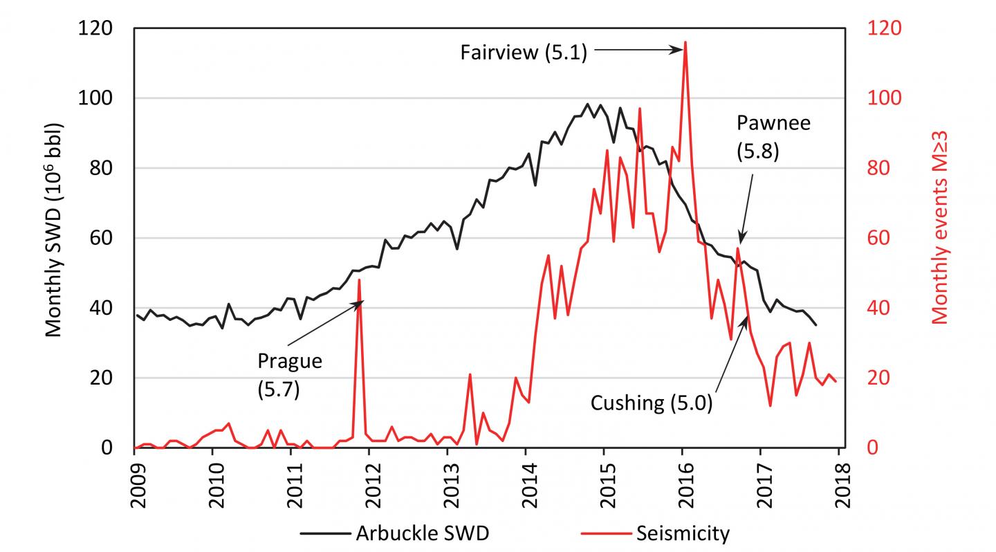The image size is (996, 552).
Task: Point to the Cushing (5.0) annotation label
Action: pos(651,403)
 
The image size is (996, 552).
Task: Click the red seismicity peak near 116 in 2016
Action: pos(685,42)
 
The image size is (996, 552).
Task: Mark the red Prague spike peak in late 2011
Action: pos(359,279)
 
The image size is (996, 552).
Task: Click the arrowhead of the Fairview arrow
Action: pos(681,50)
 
